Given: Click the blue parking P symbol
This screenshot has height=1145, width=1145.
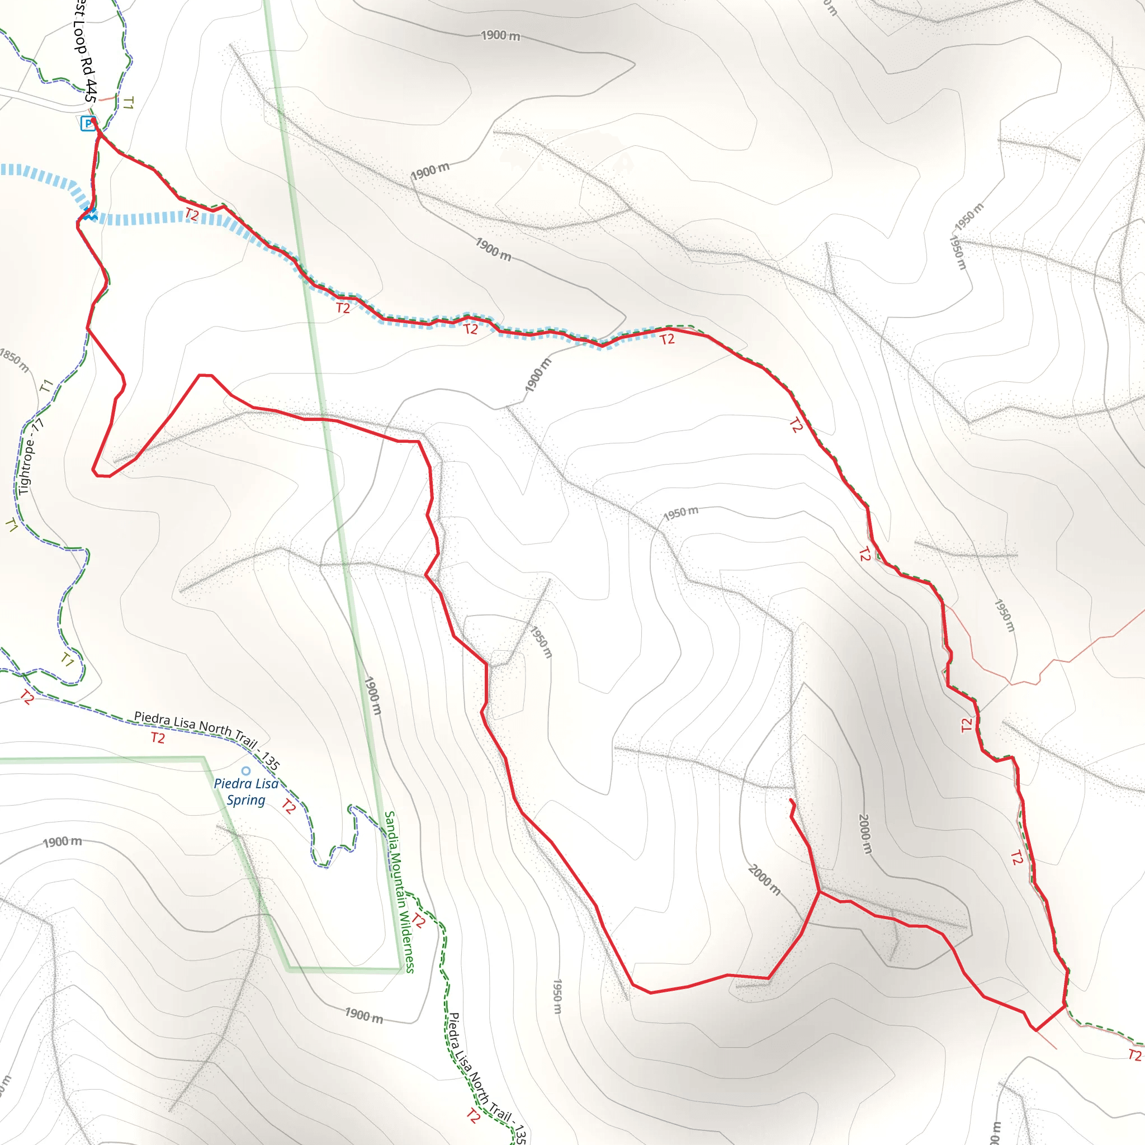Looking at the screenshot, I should click(88, 123).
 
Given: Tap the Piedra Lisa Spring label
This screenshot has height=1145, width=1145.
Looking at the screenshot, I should click(246, 792).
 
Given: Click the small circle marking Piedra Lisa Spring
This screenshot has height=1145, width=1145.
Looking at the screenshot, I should click(246, 771).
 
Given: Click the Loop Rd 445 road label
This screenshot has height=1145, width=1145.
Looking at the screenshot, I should click(84, 56).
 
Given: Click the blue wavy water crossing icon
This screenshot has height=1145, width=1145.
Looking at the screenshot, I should click(89, 215).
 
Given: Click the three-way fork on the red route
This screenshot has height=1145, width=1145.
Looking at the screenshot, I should click(819, 891).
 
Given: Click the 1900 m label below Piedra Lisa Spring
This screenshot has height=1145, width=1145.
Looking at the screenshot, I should click(62, 841).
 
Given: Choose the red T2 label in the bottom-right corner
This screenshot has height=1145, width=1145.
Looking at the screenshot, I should click(1134, 1055).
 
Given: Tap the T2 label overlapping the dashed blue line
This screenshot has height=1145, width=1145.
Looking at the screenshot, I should click(191, 215).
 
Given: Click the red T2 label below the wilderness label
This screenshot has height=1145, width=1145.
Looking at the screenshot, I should click(418, 921).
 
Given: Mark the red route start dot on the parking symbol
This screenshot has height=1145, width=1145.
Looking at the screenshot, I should click(93, 120).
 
